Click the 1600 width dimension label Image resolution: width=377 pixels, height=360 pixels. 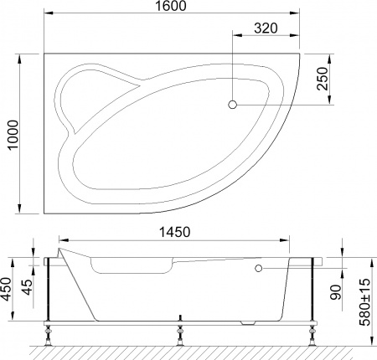[x=171, y=8]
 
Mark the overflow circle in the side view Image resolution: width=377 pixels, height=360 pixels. [x=258, y=268]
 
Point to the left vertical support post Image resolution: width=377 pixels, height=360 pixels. [x=52, y=289]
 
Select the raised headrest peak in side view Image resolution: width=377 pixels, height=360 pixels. [x=60, y=248]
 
